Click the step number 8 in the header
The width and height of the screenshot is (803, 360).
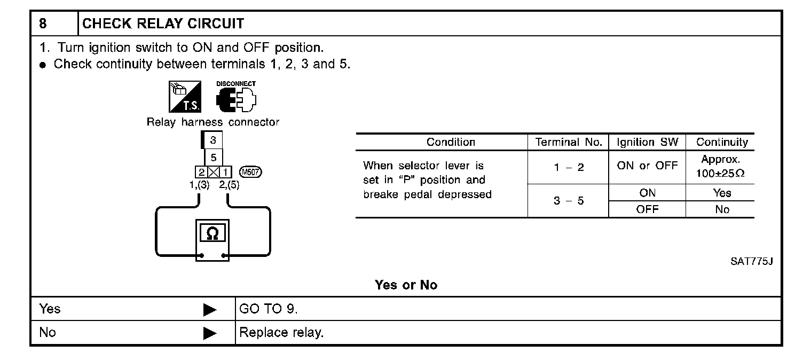[x=43, y=24]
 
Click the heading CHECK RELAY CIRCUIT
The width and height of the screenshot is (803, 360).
[x=163, y=24]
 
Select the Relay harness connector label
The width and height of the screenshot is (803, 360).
[x=213, y=122]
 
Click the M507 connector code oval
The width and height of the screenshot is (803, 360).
[x=251, y=171]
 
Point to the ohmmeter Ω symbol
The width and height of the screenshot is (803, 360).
[x=212, y=234]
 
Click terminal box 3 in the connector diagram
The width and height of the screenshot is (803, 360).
[x=213, y=140]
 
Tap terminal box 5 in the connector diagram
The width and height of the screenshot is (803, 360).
[x=213, y=158]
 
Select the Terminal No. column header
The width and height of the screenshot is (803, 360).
[x=569, y=142]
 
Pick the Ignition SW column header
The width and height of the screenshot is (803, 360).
[x=647, y=142]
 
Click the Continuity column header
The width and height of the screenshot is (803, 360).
[x=722, y=142]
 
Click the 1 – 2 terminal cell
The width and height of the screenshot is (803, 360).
[x=569, y=167]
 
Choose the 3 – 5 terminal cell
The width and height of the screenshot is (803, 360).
[x=569, y=202]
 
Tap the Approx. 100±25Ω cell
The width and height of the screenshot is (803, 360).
[x=720, y=167]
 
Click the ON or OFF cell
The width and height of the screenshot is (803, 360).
[x=647, y=166]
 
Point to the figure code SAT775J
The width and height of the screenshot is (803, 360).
[x=752, y=262]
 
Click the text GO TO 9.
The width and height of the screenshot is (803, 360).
[x=269, y=309]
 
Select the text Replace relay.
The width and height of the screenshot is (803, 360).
[x=281, y=333]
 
